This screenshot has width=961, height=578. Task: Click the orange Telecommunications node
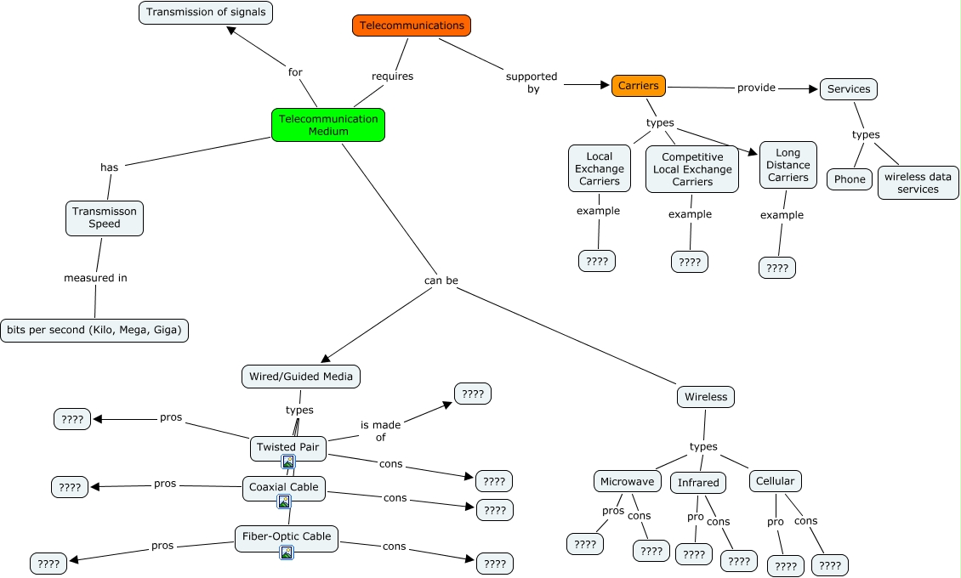412,25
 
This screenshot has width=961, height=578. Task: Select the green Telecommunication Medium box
328,125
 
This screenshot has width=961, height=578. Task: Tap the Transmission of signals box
206,12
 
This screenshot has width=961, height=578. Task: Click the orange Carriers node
639,86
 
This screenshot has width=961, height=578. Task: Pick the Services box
848,89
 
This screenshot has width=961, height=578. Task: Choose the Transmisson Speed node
105,218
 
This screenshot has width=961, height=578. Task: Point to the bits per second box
94,330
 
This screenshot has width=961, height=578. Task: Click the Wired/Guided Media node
301,376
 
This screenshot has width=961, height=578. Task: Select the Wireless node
706,396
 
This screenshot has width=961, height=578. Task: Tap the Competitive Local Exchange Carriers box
692,169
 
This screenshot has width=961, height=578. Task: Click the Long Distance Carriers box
788,165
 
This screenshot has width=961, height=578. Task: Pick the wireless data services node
918,183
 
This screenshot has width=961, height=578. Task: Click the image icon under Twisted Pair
288,462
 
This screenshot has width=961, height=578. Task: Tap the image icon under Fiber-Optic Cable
287,552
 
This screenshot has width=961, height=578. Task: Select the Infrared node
698,483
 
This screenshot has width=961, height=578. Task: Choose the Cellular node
776,481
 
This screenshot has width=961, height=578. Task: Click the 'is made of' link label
378,430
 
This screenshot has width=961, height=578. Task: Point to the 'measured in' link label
95,278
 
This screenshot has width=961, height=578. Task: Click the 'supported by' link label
532,82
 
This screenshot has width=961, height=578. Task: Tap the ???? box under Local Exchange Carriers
597,261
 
